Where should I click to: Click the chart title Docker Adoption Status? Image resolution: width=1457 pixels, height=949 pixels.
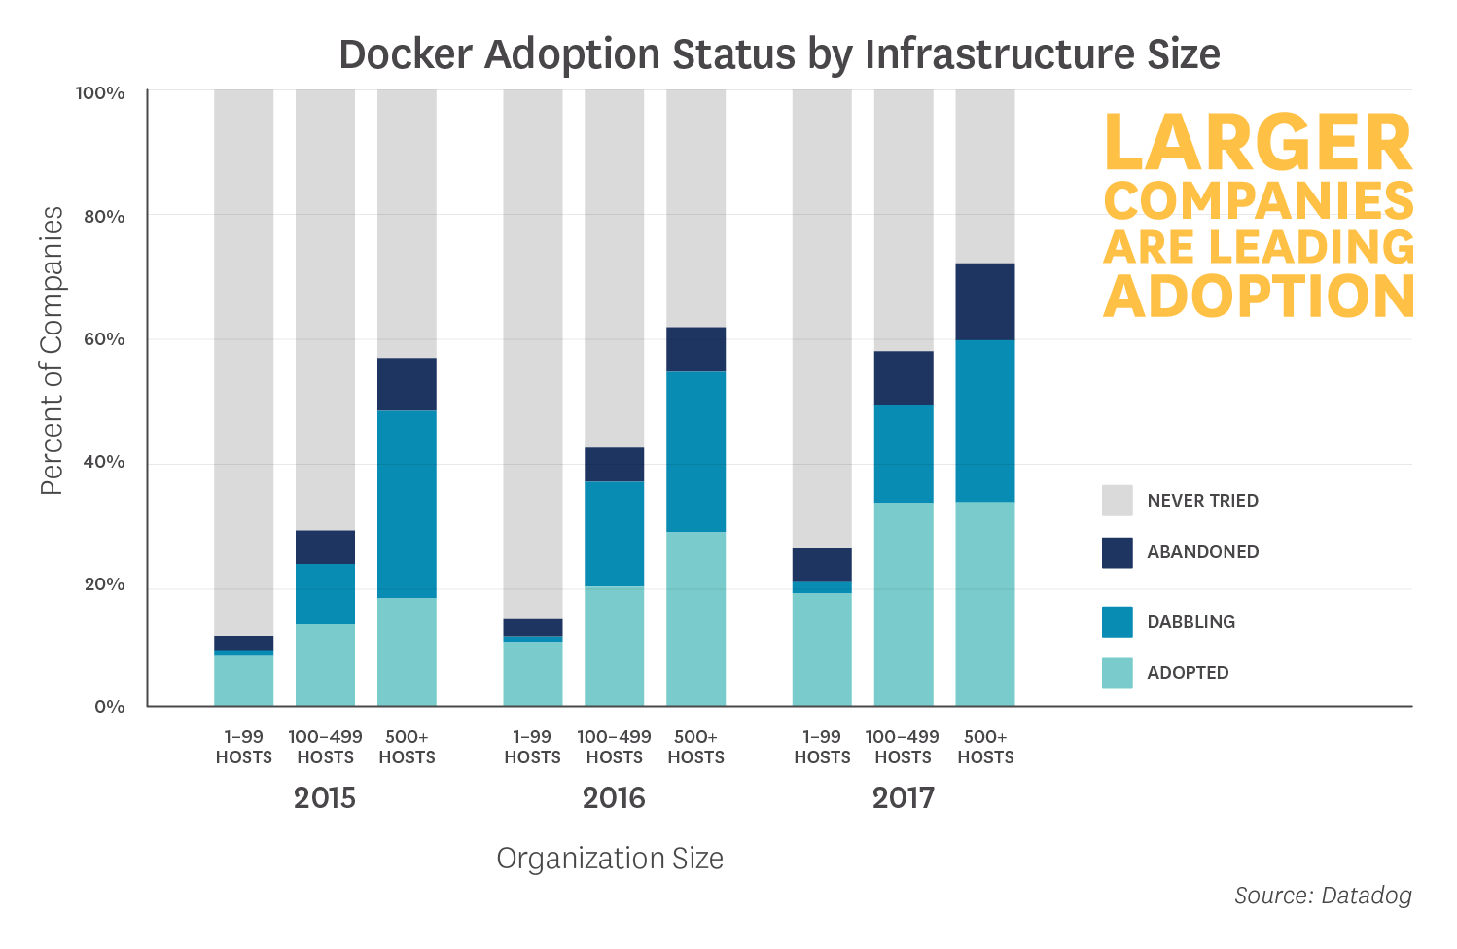click(x=778, y=54)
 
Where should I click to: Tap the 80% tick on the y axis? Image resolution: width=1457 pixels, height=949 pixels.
click(x=104, y=217)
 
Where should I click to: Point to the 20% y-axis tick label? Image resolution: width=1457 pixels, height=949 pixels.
click(x=104, y=584)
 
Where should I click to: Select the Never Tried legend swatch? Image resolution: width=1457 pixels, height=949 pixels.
click(x=1117, y=501)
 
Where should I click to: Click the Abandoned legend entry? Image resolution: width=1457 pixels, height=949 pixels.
click(x=1202, y=552)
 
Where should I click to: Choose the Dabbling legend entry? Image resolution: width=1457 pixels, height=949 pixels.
click(x=1190, y=622)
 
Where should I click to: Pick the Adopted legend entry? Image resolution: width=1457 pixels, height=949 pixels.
click(x=1187, y=673)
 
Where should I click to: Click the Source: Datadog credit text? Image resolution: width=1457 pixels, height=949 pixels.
click(x=1322, y=896)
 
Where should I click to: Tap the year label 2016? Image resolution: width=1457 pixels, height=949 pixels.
click(x=614, y=798)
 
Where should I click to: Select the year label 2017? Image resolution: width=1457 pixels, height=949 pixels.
click(x=903, y=798)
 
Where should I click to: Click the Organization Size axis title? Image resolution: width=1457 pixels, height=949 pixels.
click(x=610, y=859)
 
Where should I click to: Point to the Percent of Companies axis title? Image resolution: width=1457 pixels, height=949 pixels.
click(x=52, y=350)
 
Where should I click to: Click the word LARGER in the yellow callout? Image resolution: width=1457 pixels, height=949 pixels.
click(x=1258, y=144)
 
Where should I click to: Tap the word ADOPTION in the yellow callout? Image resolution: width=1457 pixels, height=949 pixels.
click(x=1259, y=297)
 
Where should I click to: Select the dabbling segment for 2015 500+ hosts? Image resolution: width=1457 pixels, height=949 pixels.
click(x=407, y=504)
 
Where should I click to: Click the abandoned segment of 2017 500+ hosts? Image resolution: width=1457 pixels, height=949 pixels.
click(x=984, y=301)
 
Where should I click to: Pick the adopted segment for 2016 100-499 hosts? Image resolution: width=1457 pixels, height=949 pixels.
click(x=614, y=646)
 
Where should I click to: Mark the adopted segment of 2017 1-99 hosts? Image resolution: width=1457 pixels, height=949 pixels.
click(x=822, y=649)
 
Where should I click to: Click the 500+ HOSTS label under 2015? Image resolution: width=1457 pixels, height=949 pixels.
click(x=407, y=747)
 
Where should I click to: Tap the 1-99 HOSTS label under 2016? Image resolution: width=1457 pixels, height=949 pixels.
click(x=532, y=747)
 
